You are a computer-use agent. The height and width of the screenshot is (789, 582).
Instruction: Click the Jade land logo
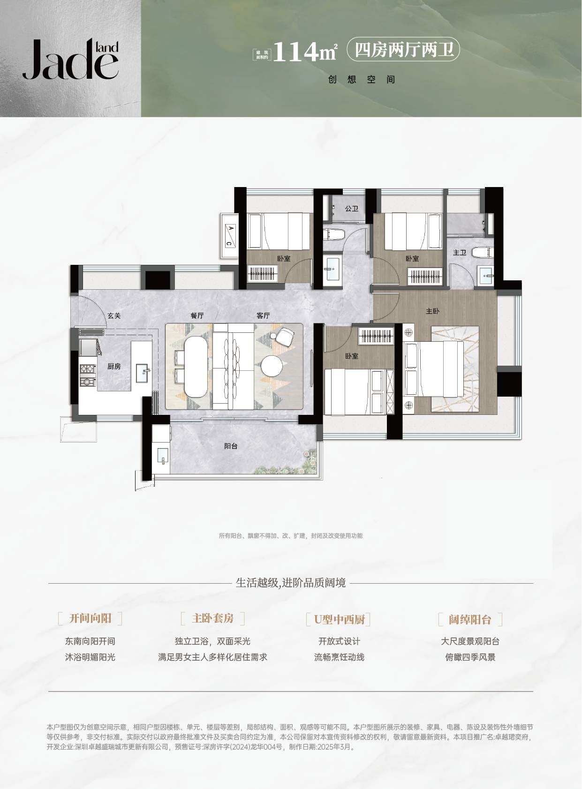tap(70, 59)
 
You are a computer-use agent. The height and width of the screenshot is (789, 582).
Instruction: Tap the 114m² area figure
tap(305, 52)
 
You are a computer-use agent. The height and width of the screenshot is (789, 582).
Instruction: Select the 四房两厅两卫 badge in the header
tap(403, 50)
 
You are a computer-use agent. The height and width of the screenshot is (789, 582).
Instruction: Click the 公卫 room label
tap(352, 209)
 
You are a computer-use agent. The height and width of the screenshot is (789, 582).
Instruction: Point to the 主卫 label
tap(460, 253)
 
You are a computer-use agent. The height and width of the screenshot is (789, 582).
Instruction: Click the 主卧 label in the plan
tap(432, 311)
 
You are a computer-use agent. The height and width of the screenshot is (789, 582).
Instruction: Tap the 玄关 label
tap(114, 316)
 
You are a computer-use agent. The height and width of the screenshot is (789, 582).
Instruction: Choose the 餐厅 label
tap(197, 316)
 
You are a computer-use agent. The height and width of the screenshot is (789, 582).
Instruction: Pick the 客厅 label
tap(263, 316)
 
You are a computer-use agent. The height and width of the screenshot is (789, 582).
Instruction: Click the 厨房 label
tap(114, 366)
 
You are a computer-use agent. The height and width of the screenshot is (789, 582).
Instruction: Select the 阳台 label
tap(231, 446)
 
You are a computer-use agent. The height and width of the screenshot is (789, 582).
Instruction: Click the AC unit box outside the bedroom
tap(230, 235)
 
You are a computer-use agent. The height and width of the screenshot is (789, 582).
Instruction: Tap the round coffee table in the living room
tap(272, 365)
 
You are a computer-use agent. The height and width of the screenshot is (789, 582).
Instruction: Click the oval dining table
tap(197, 367)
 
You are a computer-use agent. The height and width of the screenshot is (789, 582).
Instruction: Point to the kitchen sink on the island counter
tap(143, 373)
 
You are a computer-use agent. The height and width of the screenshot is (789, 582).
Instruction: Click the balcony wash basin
tap(163, 456)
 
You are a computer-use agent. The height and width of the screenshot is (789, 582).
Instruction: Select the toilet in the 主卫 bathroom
tap(483, 252)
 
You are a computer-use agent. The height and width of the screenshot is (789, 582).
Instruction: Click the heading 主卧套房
tap(213, 618)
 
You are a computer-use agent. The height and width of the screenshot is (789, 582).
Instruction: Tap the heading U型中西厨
tap(339, 619)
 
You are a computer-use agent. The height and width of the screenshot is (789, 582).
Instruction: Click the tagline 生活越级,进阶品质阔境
tap(291, 583)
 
